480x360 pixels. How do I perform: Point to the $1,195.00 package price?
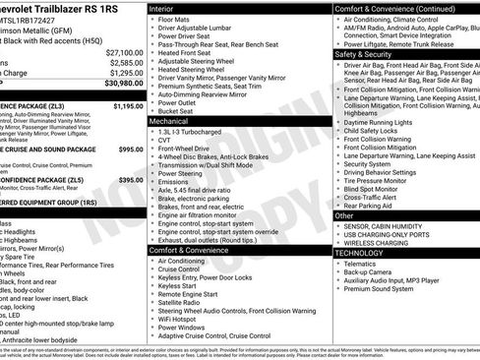point(128,104)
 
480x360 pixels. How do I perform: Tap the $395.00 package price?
point(131,180)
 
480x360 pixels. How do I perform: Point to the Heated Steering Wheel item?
point(196,70)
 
